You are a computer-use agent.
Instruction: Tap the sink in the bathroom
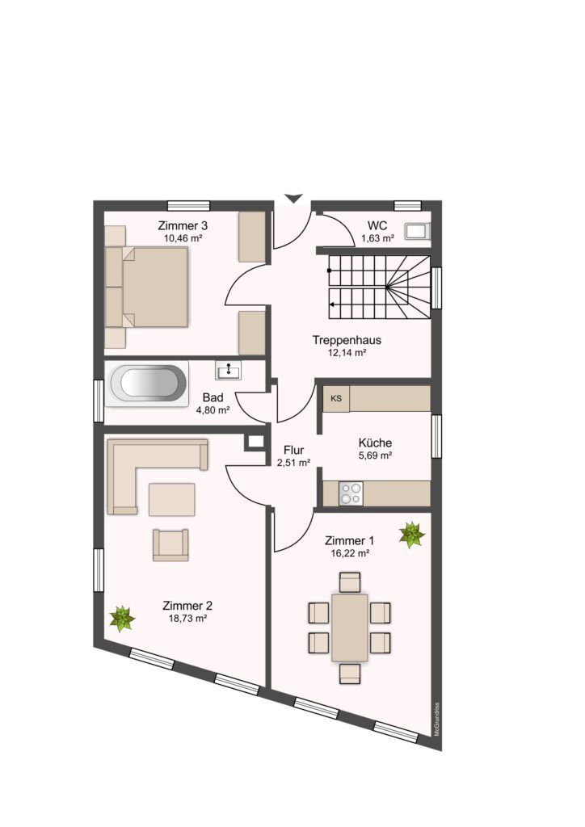228,370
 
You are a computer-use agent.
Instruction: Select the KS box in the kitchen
336,399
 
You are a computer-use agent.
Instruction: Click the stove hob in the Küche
351,493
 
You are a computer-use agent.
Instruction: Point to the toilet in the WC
417,231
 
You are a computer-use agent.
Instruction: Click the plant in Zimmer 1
412,535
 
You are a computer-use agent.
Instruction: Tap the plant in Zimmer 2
122,619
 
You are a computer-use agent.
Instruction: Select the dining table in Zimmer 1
350,628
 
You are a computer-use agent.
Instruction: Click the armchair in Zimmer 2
170,545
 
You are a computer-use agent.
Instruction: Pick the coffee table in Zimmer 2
171,499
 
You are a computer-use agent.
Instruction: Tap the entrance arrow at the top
293,199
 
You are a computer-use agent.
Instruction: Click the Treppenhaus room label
347,340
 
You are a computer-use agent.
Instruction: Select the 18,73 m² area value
187,619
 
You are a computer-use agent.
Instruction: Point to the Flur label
294,450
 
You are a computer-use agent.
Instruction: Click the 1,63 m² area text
377,238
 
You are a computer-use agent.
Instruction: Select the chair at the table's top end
350,582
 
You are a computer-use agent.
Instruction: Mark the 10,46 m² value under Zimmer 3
183,238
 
